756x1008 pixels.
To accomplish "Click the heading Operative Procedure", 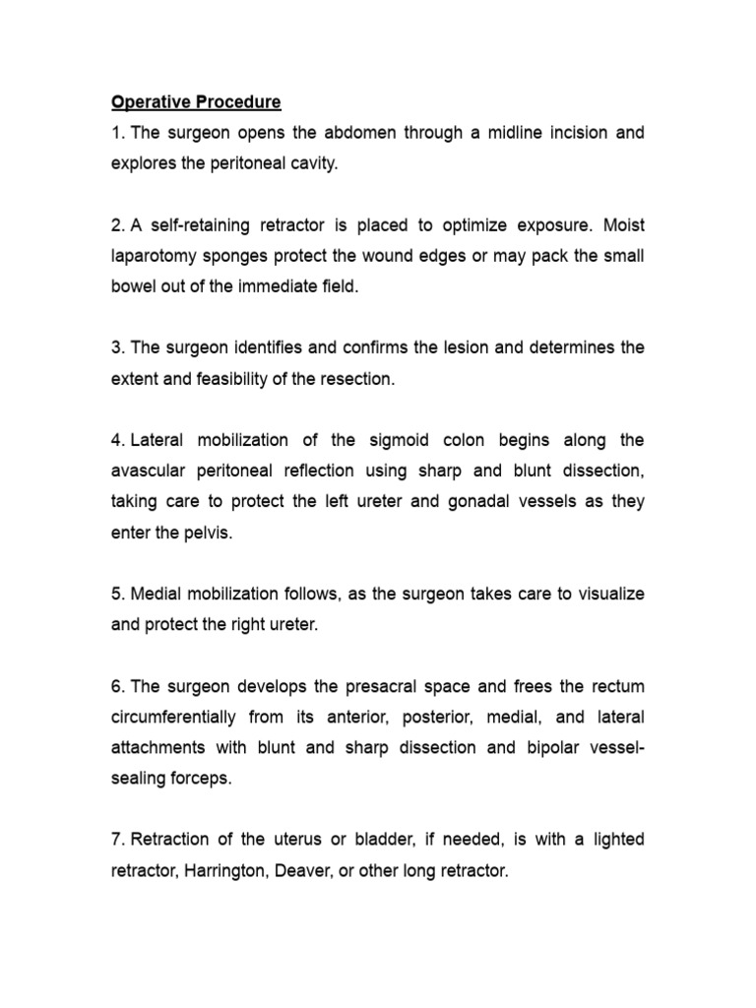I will (196, 102).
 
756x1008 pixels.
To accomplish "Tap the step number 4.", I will (116, 440).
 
